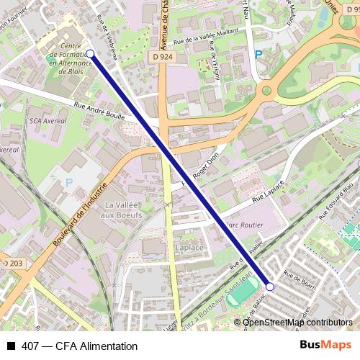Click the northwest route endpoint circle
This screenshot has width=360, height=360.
(90, 53)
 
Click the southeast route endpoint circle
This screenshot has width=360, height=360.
(270, 286)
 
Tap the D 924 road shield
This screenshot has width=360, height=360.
(162, 55)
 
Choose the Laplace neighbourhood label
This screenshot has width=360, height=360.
(189, 248)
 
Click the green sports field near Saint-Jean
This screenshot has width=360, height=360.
(247, 291)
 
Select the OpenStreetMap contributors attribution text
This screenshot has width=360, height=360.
(297, 323)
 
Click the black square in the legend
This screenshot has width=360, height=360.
(11, 346)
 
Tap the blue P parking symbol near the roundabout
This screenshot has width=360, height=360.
(258, 55)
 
